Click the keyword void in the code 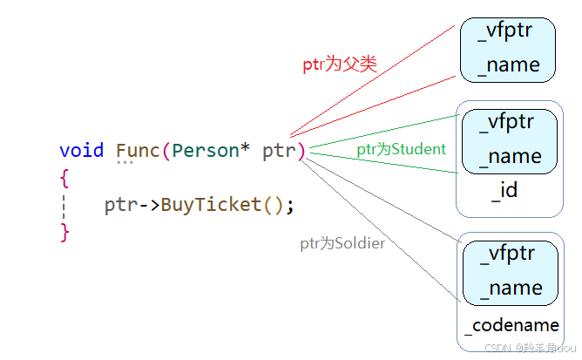point(82,150)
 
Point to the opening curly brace point(64,177)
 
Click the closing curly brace point(64,232)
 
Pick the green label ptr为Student point(401,149)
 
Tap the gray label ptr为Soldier point(342,244)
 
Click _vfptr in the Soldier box point(508,255)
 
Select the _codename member point(512,325)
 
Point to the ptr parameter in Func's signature point(279,150)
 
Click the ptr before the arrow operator point(121,205)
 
